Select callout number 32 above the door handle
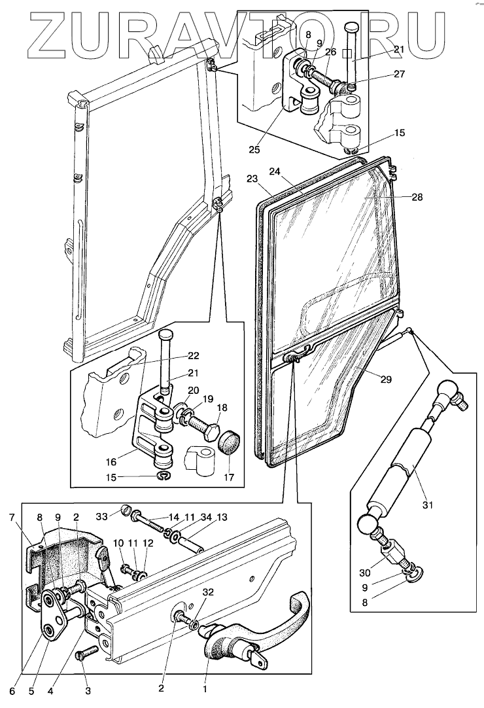coord(208,593)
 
